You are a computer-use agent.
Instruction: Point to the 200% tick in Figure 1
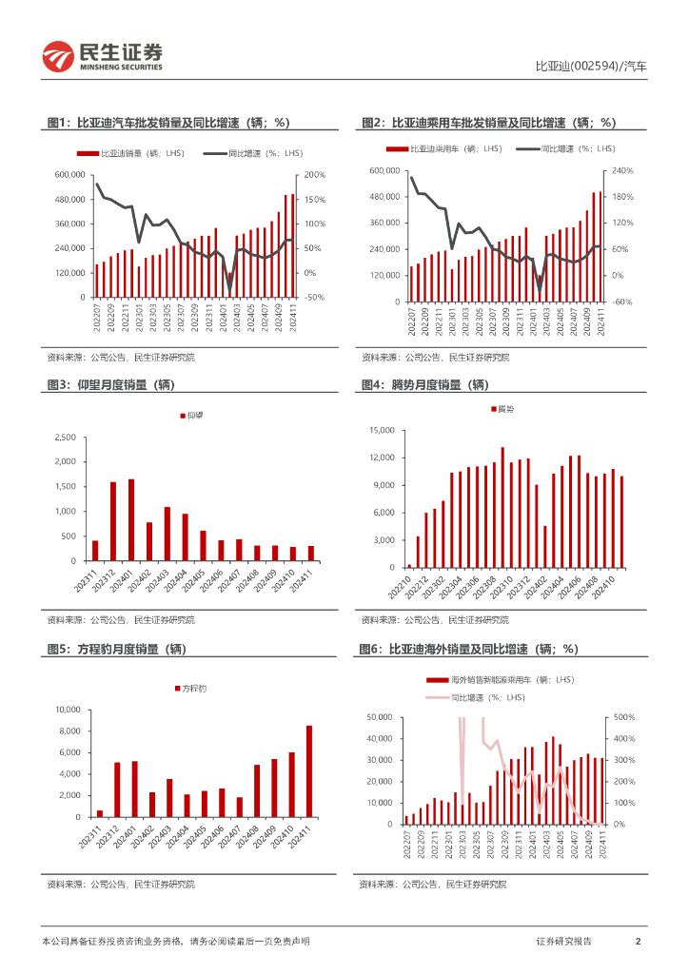click(315, 175)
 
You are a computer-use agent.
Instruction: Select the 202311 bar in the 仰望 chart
click(95, 551)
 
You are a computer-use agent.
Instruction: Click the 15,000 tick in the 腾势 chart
click(381, 431)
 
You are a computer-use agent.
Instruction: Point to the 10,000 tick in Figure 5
click(64, 710)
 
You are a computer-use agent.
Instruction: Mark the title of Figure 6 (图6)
click(468, 649)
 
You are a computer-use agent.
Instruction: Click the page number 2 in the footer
click(637, 941)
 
